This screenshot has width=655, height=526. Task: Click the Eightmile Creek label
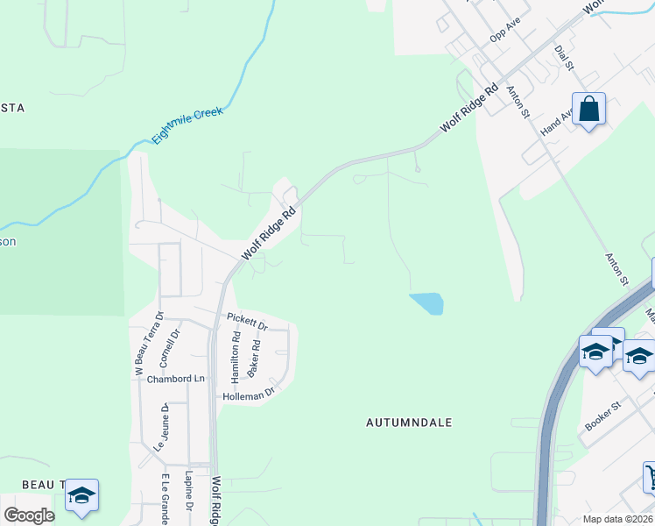tap(187, 125)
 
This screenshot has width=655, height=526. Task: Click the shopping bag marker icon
tap(589, 110)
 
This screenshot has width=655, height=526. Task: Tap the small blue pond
tap(427, 303)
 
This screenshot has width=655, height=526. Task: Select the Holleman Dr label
tap(250, 394)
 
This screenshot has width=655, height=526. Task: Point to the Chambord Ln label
tap(175, 379)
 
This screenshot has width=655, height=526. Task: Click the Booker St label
tap(602, 415)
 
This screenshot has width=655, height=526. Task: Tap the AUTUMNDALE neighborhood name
tap(409, 423)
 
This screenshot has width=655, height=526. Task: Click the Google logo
tap(29, 515)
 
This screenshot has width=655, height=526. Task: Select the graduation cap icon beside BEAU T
tap(81, 495)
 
